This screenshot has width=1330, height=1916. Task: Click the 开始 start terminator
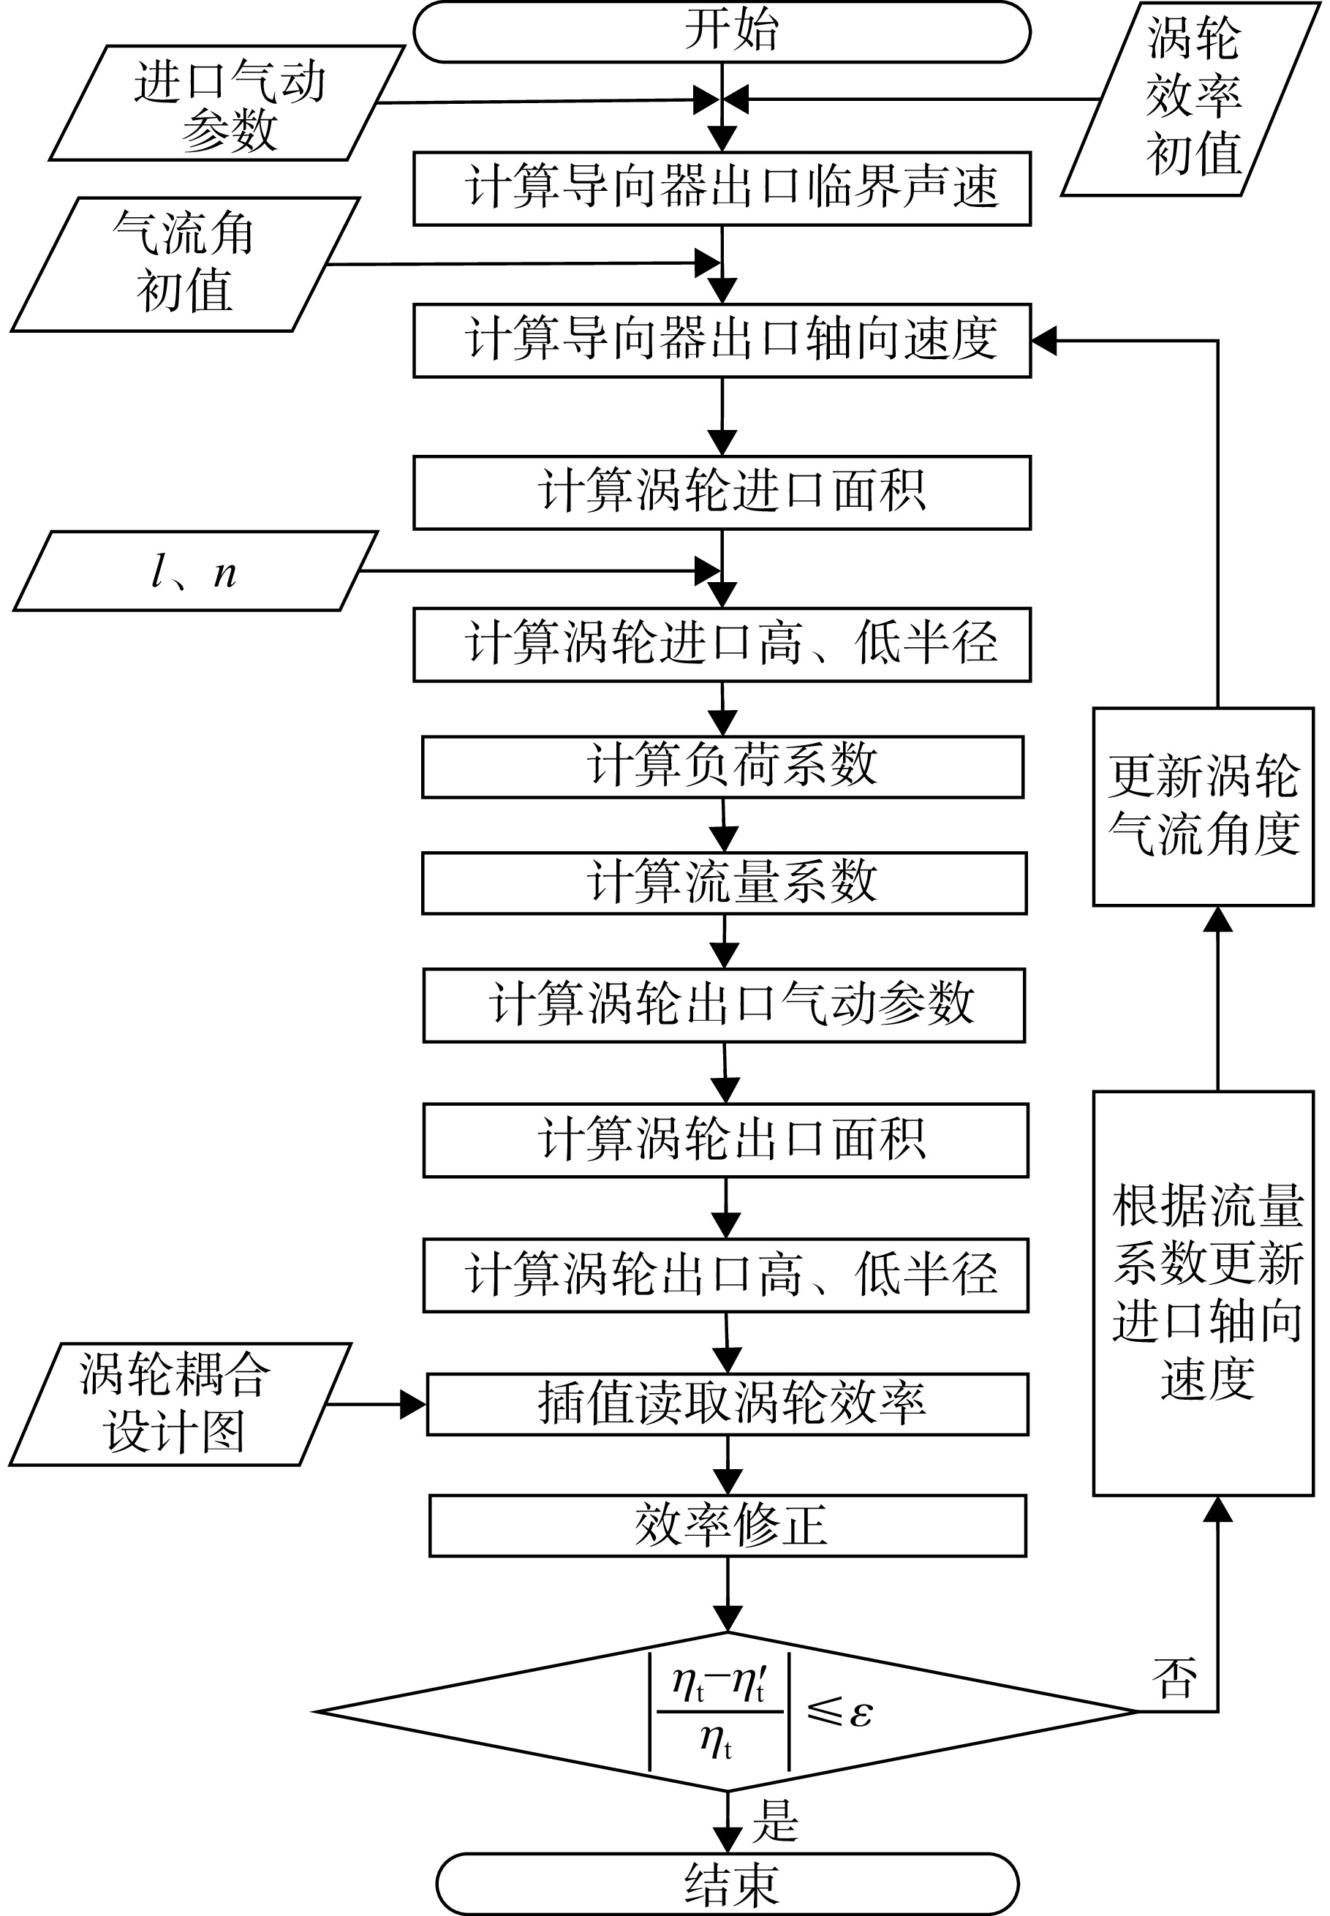tap(722, 31)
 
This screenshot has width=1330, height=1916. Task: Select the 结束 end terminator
tap(728, 1885)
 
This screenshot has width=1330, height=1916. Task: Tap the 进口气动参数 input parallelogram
tap(227, 102)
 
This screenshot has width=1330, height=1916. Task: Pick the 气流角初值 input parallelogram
tap(185, 264)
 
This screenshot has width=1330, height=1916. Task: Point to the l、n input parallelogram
tap(195, 572)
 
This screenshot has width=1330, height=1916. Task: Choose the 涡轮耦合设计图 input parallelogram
tap(180, 1404)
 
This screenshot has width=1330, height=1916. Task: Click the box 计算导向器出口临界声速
tap(722, 189)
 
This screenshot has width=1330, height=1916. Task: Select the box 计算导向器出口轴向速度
tap(722, 340)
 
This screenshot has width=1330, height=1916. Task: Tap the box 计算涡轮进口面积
tap(722, 493)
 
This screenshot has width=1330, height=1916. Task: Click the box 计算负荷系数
tap(722, 766)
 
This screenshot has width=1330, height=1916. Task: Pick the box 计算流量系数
tap(724, 883)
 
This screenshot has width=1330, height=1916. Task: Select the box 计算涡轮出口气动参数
tap(724, 1005)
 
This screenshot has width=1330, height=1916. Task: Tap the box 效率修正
tap(728, 1526)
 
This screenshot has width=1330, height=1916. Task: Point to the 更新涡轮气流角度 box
tap(1204, 807)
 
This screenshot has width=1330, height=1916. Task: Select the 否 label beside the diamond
tap(1175, 1676)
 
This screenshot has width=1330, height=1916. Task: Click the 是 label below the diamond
tap(775, 1820)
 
